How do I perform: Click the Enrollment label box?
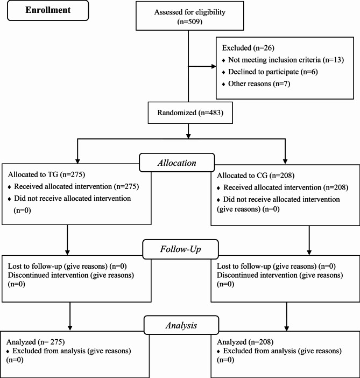tap(48, 10)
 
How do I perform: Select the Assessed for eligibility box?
tap(189, 16)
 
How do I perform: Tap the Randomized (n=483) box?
tap(190, 113)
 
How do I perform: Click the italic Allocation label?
tap(177, 163)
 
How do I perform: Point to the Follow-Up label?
tap(180, 249)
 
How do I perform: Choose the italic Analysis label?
tap(181, 325)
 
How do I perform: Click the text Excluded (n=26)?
tap(248, 48)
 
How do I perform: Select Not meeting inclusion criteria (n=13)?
tap(286, 60)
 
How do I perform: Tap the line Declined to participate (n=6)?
tap(273, 72)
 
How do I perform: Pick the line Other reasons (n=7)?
tap(259, 83)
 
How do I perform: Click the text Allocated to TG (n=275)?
tap(46, 174)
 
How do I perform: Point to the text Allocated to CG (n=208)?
tap(256, 175)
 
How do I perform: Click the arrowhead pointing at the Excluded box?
tap(214, 66)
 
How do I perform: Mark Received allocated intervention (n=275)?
tap(76, 186)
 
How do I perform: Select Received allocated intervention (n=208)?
tap(286, 187)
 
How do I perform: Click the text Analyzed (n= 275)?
tap(36, 342)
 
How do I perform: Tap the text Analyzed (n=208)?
tap(245, 342)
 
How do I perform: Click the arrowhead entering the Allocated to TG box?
tap(77, 162)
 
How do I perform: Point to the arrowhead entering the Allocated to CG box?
tap(285, 162)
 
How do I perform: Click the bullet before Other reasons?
tap(224, 85)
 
